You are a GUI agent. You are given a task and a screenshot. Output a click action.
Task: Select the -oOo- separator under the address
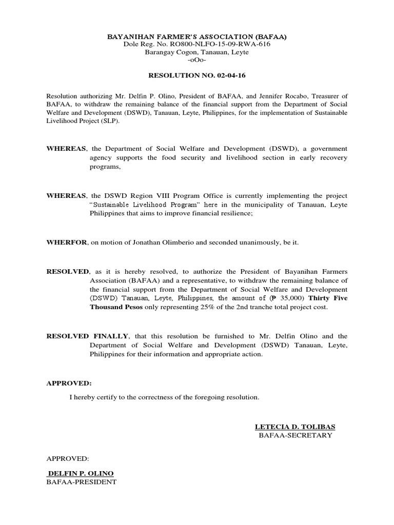click(196, 60)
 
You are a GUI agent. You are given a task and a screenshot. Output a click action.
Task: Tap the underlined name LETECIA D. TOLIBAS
click(295, 427)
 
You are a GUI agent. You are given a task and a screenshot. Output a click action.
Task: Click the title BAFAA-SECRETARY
click(295, 435)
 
